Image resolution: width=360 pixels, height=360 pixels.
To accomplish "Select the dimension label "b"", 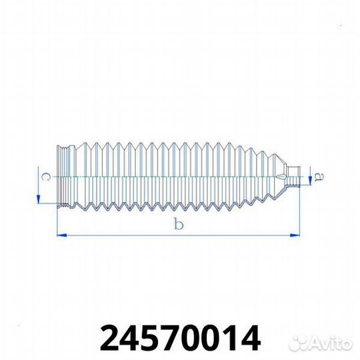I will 177,225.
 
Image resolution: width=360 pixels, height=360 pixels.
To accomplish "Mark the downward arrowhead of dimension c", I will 39,199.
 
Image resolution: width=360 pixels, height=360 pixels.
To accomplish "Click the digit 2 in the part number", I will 110,339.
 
